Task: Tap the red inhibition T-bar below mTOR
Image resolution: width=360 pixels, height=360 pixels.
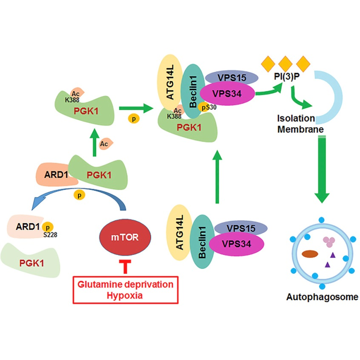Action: (125, 266)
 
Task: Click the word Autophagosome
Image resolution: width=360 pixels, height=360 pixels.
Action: (322, 297)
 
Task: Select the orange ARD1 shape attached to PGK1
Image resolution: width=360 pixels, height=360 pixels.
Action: (53, 174)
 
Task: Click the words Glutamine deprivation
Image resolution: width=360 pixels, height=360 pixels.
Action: (125, 284)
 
